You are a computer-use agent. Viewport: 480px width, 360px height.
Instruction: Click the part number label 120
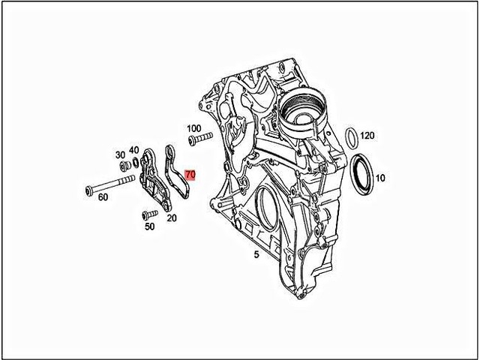pyautogui.click(x=367, y=136)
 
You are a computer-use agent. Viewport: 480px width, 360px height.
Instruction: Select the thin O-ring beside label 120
pyautogui.click(x=350, y=139)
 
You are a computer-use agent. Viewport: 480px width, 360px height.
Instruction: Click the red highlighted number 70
pyautogui.click(x=190, y=175)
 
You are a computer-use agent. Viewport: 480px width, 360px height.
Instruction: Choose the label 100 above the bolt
pyautogui.click(x=193, y=128)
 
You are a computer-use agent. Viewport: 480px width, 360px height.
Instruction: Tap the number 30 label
pyautogui.click(x=120, y=154)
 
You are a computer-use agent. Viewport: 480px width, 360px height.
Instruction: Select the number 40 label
pyautogui.click(x=133, y=150)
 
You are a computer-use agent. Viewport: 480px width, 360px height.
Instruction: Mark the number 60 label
pyautogui.click(x=103, y=196)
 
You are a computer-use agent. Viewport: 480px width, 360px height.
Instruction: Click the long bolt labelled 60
pyautogui.click(x=109, y=184)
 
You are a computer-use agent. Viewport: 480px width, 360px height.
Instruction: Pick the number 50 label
pyautogui.click(x=149, y=226)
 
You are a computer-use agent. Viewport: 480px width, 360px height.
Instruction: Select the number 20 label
pyautogui.click(x=171, y=218)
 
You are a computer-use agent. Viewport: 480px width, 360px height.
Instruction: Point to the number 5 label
pyautogui.click(x=256, y=254)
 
